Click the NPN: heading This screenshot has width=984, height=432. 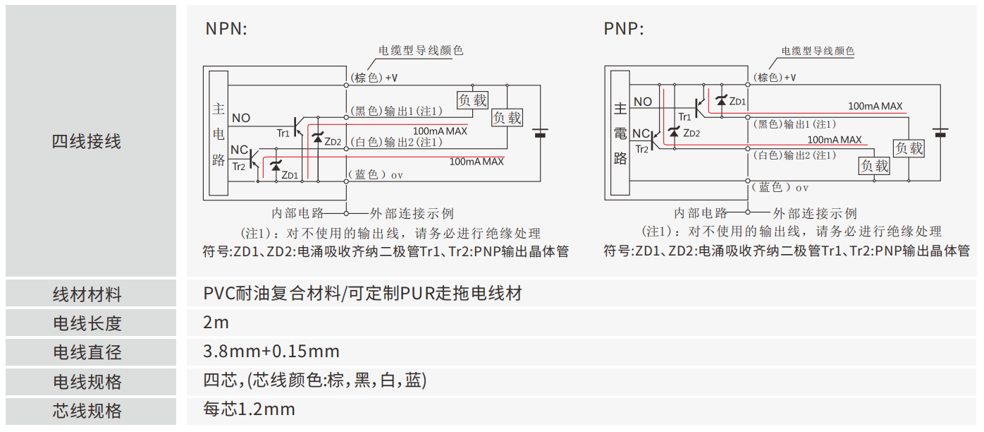pyautogui.click(x=226, y=29)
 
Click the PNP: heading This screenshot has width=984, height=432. pyautogui.click(x=624, y=29)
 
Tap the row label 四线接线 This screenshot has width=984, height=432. pyautogui.click(x=87, y=141)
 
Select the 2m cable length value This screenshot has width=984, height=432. pyautogui.click(x=216, y=323)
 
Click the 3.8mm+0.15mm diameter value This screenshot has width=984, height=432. pyautogui.click(x=271, y=352)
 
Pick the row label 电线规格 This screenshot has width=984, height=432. pyautogui.click(x=87, y=382)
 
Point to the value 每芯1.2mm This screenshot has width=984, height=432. pyautogui.click(x=249, y=409)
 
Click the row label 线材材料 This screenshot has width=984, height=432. pyautogui.click(x=87, y=294)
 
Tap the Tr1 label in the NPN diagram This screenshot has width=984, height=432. pyautogui.click(x=283, y=133)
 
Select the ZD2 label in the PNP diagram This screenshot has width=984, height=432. pyautogui.click(x=691, y=133)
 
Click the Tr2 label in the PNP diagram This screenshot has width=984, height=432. pyautogui.click(x=641, y=149)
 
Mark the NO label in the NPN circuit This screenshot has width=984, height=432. pyautogui.click(x=241, y=118)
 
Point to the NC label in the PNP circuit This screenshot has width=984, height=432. pyautogui.click(x=640, y=134)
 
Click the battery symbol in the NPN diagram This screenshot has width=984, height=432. pyautogui.click(x=541, y=132)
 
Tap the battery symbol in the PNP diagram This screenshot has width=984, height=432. pyautogui.click(x=940, y=132)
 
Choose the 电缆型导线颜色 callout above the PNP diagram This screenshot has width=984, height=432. pyautogui.click(x=818, y=51)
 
